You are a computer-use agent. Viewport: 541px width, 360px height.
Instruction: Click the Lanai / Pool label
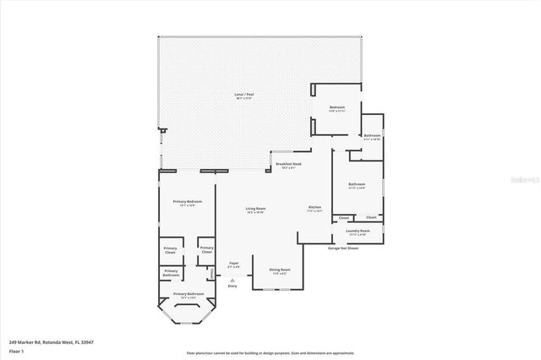point(243,94)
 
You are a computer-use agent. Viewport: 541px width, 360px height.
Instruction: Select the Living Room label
point(255,208)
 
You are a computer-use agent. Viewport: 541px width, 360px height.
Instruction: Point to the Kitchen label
point(314,207)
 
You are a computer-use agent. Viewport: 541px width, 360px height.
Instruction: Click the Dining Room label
point(279,270)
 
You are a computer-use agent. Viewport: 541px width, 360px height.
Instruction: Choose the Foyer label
point(233,263)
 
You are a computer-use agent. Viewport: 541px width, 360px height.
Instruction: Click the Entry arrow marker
point(232,281)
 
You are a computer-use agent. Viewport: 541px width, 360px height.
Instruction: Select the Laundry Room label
point(358,230)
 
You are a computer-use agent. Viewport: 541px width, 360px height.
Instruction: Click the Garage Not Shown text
point(343,248)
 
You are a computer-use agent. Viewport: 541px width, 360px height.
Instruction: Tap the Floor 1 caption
point(16,350)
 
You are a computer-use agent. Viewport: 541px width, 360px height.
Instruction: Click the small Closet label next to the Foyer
point(206,250)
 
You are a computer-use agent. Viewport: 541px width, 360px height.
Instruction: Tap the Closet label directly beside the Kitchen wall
point(343,217)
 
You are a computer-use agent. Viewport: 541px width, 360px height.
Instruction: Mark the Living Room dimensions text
point(255,212)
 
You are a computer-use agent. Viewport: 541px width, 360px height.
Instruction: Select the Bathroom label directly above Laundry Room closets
point(356,184)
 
